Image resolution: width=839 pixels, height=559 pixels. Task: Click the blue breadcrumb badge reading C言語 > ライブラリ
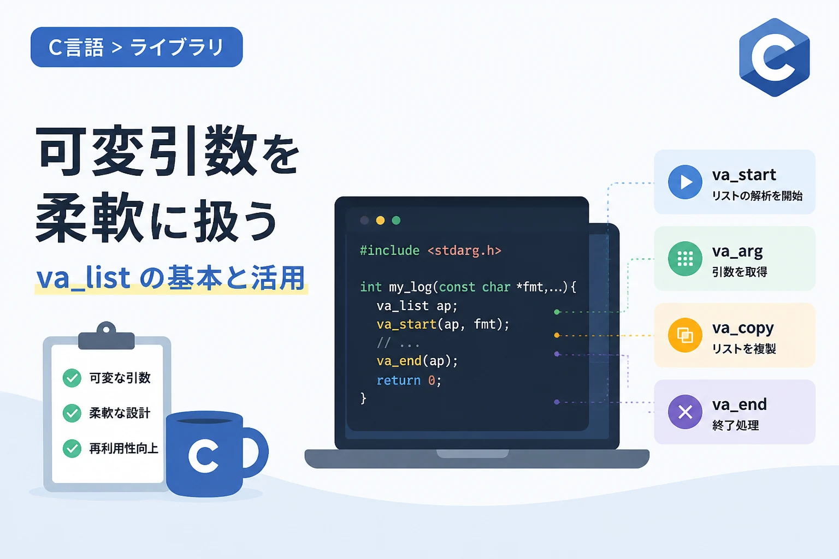pyautogui.click(x=137, y=47)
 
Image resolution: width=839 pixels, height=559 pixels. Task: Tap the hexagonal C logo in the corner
pyautogui.click(x=775, y=57)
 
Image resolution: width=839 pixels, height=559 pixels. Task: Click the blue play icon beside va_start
pyautogui.click(x=685, y=182)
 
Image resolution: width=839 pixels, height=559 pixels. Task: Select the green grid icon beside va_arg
pyautogui.click(x=685, y=259)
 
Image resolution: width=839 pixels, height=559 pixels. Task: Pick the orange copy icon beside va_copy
pyautogui.click(x=685, y=336)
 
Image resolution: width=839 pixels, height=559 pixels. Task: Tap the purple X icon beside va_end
pyautogui.click(x=685, y=412)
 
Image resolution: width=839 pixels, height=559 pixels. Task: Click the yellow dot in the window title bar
pyautogui.click(x=380, y=220)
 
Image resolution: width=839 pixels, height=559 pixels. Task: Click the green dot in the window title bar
pyautogui.click(x=396, y=220)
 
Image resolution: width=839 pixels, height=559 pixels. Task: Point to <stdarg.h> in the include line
pyautogui.click(x=464, y=251)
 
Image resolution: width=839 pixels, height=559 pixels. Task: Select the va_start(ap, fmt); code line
pyautogui.click(x=443, y=324)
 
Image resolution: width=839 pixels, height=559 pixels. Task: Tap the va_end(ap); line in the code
pyautogui.click(x=417, y=361)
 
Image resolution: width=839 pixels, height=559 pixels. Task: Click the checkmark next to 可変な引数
pyautogui.click(x=72, y=378)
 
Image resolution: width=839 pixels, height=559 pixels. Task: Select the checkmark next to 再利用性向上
pyautogui.click(x=72, y=448)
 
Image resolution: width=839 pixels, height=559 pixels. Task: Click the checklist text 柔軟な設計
pyautogui.click(x=120, y=413)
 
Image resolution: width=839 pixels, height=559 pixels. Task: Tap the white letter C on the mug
pyautogui.click(x=203, y=456)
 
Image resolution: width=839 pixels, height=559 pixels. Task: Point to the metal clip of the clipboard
pyautogui.click(x=107, y=336)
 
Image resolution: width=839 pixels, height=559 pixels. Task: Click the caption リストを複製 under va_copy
pyautogui.click(x=744, y=349)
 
